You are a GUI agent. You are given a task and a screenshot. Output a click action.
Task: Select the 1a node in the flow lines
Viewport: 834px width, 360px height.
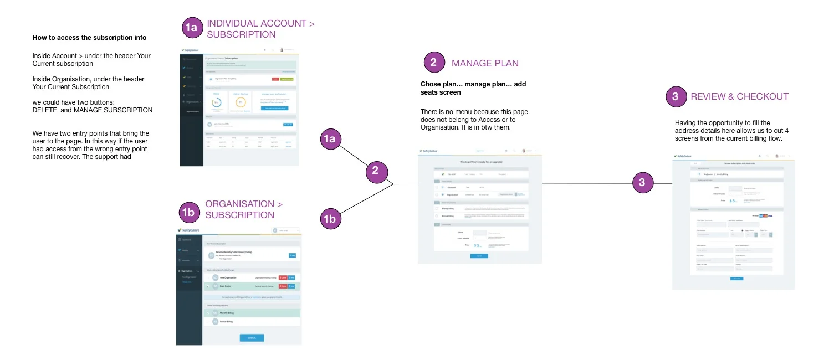[x=331, y=139]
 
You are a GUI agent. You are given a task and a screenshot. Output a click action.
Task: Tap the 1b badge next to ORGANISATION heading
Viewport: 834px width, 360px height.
[x=188, y=212]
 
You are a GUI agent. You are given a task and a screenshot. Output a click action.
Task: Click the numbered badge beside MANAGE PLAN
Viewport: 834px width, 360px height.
[x=433, y=63]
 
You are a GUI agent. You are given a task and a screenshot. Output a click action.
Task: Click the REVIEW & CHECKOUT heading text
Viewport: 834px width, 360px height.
[x=739, y=96]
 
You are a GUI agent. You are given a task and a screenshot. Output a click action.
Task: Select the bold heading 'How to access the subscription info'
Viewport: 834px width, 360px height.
[x=89, y=38]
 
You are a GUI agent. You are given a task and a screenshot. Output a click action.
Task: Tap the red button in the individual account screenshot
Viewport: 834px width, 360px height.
[x=275, y=79]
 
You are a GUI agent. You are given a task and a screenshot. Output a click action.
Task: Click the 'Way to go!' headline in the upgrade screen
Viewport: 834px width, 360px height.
[x=479, y=161]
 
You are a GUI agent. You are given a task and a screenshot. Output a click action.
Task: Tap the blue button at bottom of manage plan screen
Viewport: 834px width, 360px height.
[x=479, y=256]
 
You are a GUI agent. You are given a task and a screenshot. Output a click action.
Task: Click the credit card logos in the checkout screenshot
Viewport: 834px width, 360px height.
[x=764, y=215]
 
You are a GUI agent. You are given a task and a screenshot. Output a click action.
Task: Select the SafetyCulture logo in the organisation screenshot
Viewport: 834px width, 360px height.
[x=188, y=230]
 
